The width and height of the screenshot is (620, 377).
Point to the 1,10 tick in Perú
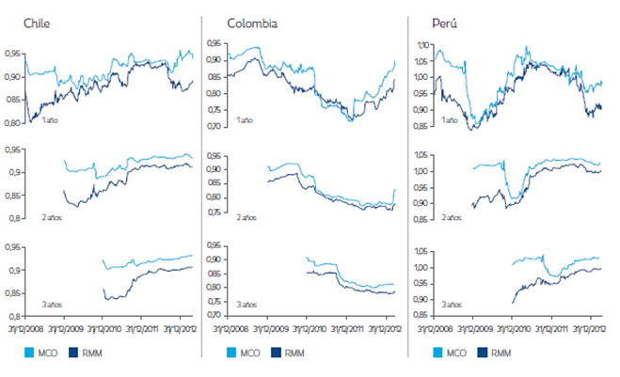pyautogui.click(x=421, y=44)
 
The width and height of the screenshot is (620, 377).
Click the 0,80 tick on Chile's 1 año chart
pyautogui.click(x=15, y=123)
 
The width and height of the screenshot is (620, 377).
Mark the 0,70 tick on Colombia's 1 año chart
pyautogui.click(x=215, y=126)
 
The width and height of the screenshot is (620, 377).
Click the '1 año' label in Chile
pyautogui.click(x=51, y=120)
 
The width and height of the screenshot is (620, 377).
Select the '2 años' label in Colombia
pyautogui.click(x=247, y=217)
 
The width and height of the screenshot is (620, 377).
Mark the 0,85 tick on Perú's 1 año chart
pyautogui.click(x=421, y=126)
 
